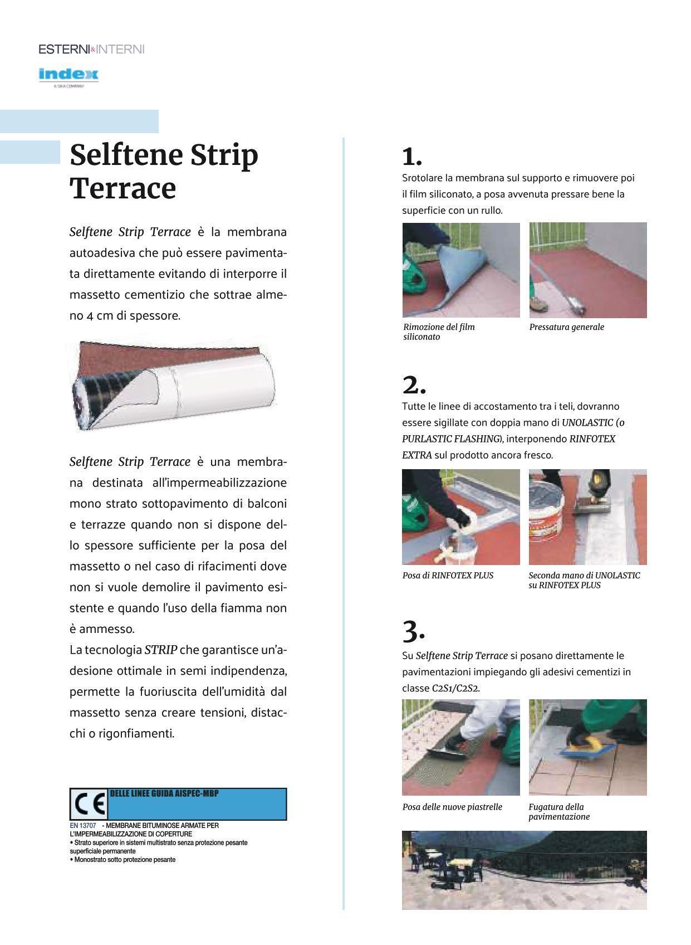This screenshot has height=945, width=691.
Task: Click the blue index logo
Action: tap(68, 74)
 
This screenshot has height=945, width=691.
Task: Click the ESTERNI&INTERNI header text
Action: tap(91, 49)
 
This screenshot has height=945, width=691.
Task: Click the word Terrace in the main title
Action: tap(122, 188)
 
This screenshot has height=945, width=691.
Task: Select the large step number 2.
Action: tap(413, 385)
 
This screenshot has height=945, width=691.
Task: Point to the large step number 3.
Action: tap(413, 631)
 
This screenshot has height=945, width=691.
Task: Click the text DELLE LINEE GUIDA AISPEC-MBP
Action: tap(164, 793)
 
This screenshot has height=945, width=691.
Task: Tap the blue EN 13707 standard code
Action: tap(82, 825)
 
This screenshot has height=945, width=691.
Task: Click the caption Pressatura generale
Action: tap(566, 327)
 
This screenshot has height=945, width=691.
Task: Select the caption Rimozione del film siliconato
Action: tap(438, 332)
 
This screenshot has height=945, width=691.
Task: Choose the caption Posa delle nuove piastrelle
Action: tap(452, 807)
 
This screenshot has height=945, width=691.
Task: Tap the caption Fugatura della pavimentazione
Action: tap(558, 812)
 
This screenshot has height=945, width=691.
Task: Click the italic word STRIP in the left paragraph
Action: tap(161, 650)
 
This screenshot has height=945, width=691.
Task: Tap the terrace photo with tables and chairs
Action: tap(524, 870)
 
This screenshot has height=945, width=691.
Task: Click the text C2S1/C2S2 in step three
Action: tap(455, 688)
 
